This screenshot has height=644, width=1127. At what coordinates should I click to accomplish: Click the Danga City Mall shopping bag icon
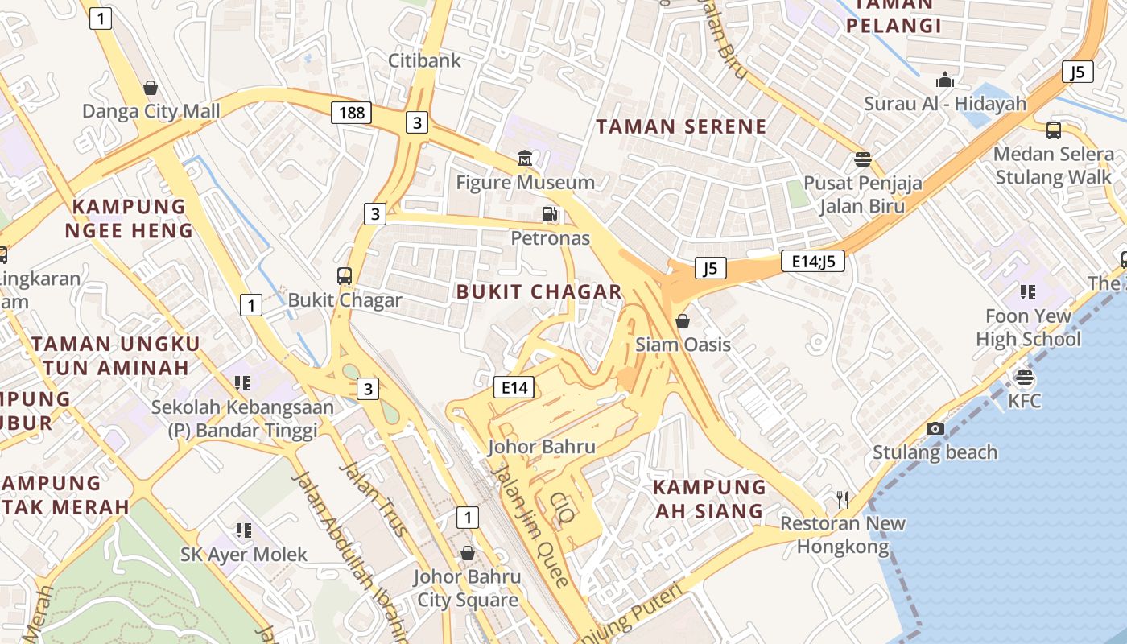point(150,87)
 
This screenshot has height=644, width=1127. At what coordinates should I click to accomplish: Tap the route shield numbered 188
point(351,113)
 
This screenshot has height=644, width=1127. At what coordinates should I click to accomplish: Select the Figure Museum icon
point(525,158)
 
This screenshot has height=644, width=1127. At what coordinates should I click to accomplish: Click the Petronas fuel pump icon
point(550,214)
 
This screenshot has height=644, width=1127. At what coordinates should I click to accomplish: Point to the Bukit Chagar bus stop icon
point(345,276)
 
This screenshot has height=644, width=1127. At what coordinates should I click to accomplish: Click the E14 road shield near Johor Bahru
point(514,387)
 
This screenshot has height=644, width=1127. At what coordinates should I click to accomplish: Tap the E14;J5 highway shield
point(812,260)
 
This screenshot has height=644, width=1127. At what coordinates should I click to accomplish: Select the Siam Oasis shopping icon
point(683,321)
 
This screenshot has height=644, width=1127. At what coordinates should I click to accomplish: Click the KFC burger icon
point(1024,377)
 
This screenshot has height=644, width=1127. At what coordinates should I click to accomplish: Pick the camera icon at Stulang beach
point(935,428)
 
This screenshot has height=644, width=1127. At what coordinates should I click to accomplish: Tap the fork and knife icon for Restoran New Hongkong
point(843,500)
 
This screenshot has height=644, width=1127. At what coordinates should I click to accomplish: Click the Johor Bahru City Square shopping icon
point(467,553)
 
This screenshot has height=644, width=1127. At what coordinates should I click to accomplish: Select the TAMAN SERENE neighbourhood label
point(681,126)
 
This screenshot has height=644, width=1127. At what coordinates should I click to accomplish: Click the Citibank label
point(424,60)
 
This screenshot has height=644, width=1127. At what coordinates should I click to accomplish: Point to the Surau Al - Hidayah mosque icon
point(945,80)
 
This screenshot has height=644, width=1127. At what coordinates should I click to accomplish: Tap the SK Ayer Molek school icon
point(243,530)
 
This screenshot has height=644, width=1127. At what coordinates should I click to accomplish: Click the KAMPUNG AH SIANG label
point(708,499)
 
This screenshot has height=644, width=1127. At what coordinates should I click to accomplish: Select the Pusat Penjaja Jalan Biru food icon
point(863,159)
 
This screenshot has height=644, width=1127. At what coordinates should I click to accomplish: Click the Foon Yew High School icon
point(1027,291)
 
